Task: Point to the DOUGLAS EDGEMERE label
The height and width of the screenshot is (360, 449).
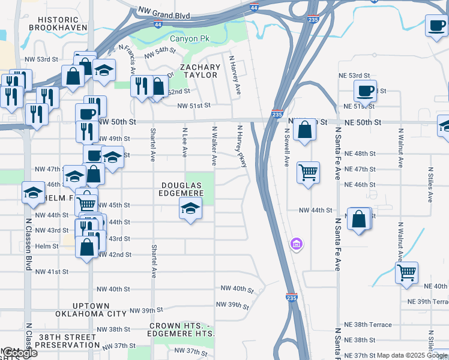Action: point(181,189)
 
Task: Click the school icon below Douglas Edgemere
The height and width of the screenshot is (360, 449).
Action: point(190,209)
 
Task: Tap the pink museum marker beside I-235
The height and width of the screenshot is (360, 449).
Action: point(295,244)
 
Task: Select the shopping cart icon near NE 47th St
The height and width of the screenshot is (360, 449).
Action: point(308,172)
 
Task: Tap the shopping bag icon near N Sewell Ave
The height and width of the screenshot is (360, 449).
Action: point(305,129)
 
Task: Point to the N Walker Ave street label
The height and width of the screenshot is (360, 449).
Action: point(213,146)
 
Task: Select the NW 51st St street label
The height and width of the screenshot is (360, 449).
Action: point(194,106)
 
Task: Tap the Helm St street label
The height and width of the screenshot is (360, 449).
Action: point(47,246)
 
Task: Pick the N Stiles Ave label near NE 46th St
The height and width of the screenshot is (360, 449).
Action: point(430,185)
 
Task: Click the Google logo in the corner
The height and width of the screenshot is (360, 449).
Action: point(20,353)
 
